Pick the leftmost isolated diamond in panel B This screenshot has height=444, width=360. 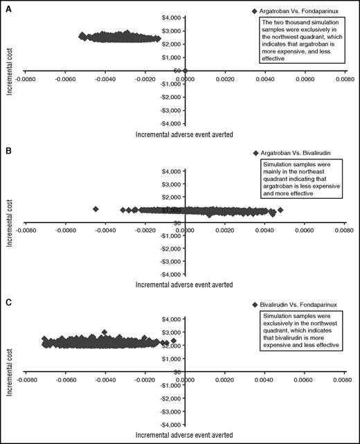[96, 208]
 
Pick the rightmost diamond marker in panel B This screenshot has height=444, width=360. [280, 209]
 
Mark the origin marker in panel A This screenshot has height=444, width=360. [185, 71]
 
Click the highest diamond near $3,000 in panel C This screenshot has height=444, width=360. [105, 333]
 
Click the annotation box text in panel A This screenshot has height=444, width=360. [302, 40]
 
